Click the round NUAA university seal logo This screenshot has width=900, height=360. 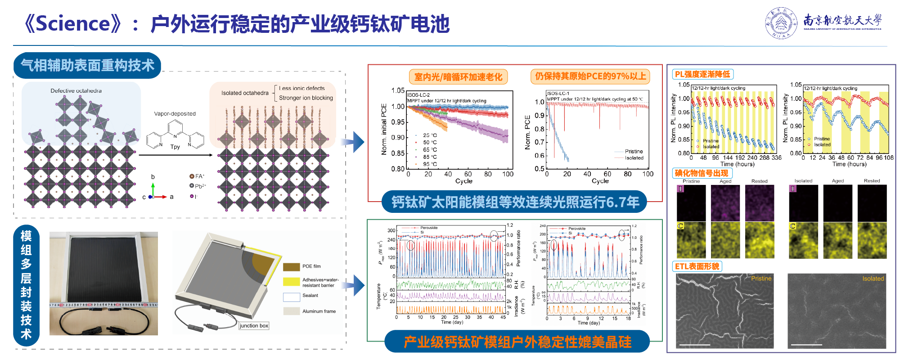(781, 22)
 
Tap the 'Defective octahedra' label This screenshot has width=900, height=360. (76, 91)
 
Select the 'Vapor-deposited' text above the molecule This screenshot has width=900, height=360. (175, 114)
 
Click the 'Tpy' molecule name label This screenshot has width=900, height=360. (175, 147)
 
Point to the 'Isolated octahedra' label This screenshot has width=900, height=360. (245, 93)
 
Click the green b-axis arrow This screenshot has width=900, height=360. (153, 189)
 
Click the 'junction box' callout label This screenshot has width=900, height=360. (254, 326)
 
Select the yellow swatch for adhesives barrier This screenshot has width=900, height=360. (291, 282)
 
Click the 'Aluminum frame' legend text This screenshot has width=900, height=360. (319, 311)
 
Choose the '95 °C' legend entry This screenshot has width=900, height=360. (430, 164)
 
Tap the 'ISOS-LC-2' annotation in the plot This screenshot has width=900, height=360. (418, 95)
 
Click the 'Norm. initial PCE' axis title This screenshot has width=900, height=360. (384, 130)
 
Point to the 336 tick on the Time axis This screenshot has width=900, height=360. (776, 158)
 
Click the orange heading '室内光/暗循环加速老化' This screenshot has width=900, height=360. (458, 77)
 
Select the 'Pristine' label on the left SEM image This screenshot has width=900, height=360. (761, 279)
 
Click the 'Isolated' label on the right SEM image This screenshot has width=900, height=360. (873, 279)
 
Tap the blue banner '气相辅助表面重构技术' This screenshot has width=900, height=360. (88, 66)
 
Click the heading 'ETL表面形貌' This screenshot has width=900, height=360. (697, 266)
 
